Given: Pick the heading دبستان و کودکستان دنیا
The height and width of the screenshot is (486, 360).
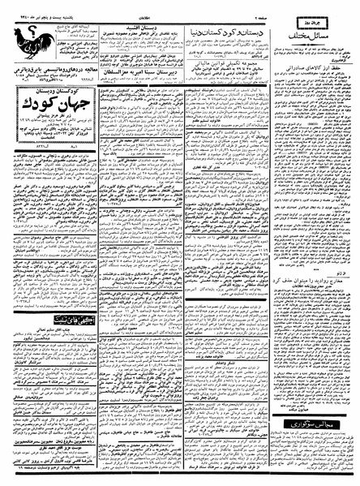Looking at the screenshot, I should (238, 22).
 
